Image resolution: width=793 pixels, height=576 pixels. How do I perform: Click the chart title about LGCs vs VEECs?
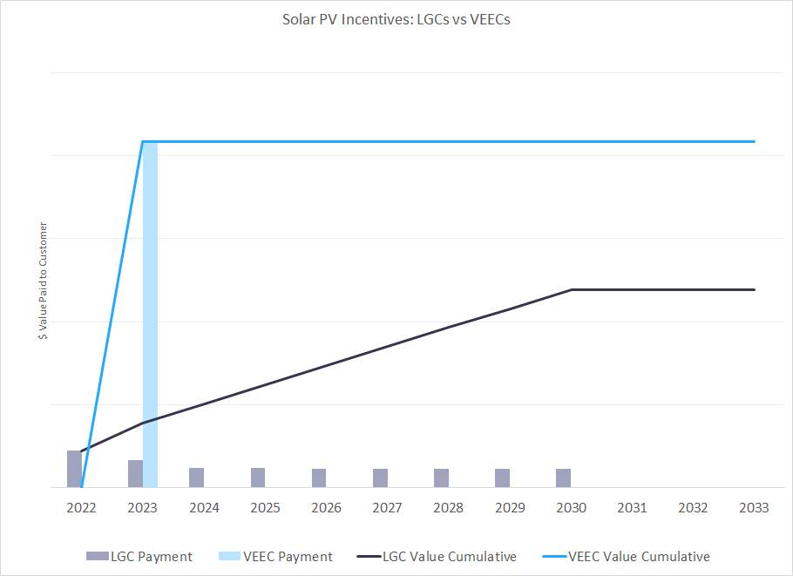coord(396,19)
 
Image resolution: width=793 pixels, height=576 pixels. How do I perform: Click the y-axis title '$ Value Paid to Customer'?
coord(43,281)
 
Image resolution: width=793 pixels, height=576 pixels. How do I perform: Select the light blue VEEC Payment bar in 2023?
coord(150,314)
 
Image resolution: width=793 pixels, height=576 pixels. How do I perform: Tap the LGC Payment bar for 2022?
coord(74,469)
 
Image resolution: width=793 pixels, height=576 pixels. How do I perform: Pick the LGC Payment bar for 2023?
coord(135,474)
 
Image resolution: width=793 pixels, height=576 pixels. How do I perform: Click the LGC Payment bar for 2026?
coord(319,478)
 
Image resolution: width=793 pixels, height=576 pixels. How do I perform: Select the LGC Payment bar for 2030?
coord(564,478)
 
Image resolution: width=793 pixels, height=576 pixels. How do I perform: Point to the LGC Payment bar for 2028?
coord(441,478)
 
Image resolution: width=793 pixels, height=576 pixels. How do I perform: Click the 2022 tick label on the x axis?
coord(82,508)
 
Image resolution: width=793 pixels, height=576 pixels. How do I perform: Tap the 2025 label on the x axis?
coord(265,508)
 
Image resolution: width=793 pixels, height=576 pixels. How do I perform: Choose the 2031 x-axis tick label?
coord(632,508)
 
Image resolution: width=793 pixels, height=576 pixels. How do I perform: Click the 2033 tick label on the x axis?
coord(754,508)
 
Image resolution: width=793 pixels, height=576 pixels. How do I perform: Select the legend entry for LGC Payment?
coord(139,556)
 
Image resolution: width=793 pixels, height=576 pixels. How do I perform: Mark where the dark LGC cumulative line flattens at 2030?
coord(571,289)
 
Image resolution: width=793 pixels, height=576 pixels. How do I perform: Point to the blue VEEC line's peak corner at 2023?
coord(143,141)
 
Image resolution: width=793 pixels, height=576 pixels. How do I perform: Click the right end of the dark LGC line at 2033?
coord(755,289)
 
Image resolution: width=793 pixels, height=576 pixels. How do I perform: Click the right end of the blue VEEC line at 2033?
coord(755,141)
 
